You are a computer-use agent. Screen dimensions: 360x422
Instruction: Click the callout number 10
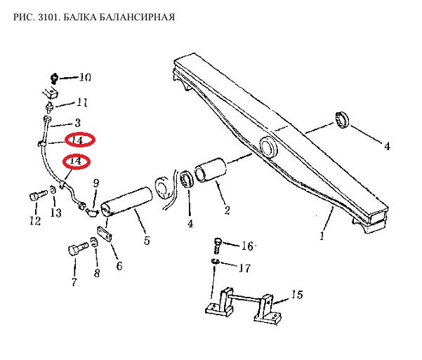coord(85,77)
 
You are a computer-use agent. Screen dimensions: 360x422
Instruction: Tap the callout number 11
coord(82,103)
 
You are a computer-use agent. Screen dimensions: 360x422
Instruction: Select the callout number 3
coord(78,122)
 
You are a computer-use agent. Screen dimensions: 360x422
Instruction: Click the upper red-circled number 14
coord(79,140)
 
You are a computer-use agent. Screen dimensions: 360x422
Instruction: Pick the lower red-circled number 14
coord(77,161)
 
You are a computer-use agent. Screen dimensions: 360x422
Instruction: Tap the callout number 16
coord(246,246)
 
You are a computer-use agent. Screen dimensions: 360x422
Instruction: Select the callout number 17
coord(244,267)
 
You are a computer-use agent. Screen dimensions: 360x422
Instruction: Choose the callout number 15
coord(296,295)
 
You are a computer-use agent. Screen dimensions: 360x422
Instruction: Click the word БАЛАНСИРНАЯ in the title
coord(138,16)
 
